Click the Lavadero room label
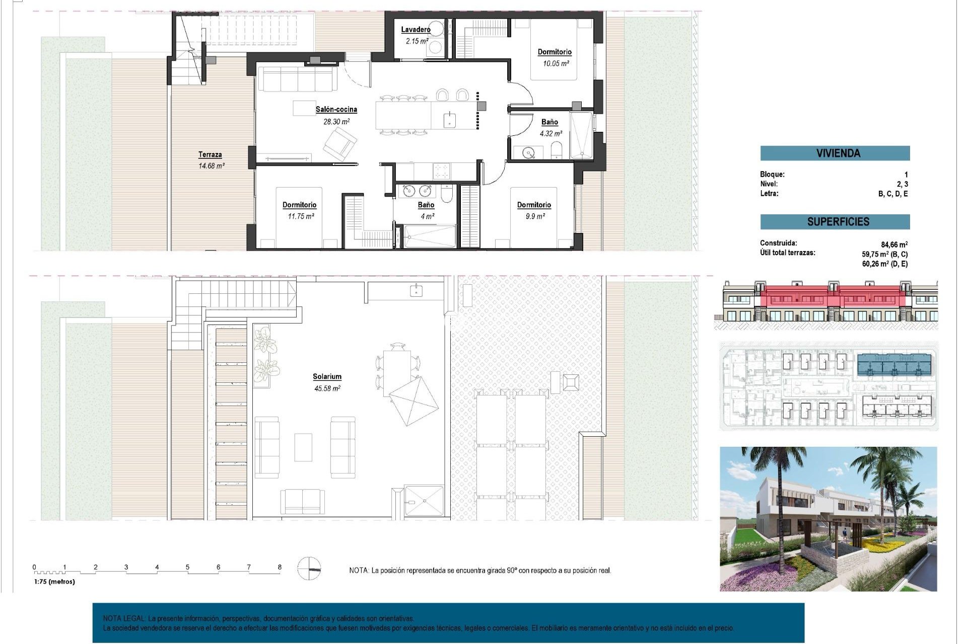[x=416, y=30]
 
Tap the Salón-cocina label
[x=336, y=109]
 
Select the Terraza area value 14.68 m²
[x=211, y=166]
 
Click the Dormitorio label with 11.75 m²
[x=299, y=205]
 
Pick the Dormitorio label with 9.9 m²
[x=534, y=205]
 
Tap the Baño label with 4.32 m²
[x=549, y=122]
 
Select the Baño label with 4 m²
[x=426, y=205]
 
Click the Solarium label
[x=327, y=376]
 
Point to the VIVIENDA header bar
[x=835, y=153]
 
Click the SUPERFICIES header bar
[x=835, y=221]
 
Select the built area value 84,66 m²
[x=894, y=245]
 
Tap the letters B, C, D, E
[x=892, y=194]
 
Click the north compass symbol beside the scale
[x=309, y=569]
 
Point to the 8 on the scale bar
[x=280, y=567]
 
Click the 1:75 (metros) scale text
[x=54, y=582]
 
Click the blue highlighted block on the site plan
[x=894, y=365]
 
